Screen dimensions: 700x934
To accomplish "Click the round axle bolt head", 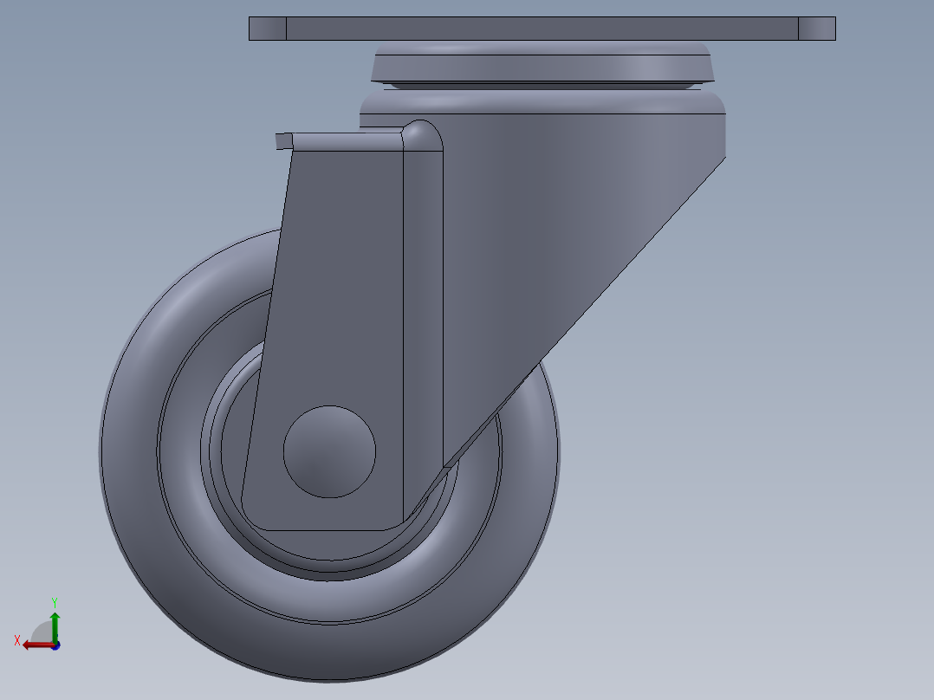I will pos(329,451).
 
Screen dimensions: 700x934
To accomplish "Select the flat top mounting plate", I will pos(542,29).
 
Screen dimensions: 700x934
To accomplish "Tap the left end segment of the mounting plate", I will pos(267,29).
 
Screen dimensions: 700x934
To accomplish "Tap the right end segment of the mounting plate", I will pos(816,29).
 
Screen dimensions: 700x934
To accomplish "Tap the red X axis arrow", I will pos(35,645).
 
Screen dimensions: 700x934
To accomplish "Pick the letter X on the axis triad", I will pos(17,640).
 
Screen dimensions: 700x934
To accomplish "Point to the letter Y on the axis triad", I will pos(55,601).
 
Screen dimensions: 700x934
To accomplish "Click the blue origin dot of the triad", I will pos(55,645).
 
